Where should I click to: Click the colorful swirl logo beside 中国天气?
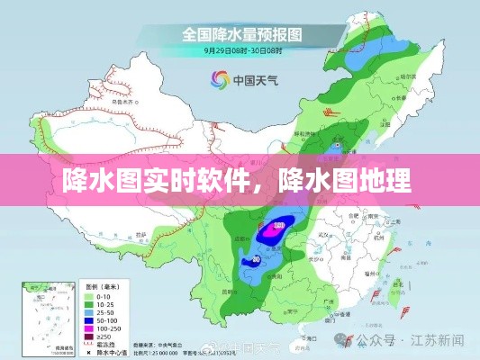click(218, 79)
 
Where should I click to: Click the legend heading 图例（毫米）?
click(100, 287)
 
